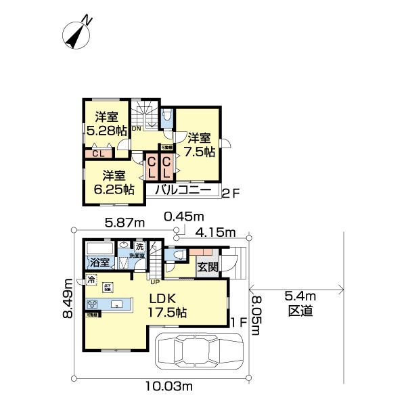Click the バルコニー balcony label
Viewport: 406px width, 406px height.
[183, 191]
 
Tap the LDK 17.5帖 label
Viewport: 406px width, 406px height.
[167, 307]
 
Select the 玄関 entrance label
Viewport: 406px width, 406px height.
[207, 267]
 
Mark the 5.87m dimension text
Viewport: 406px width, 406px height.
[125, 222]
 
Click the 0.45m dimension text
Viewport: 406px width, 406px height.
[183, 217]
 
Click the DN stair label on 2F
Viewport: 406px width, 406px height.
[136, 128]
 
